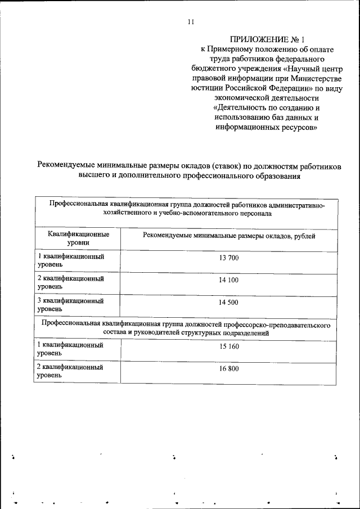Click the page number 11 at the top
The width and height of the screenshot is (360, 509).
click(x=191, y=22)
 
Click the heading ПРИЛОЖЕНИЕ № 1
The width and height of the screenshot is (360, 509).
click(x=267, y=39)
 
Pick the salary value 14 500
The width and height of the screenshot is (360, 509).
click(x=229, y=303)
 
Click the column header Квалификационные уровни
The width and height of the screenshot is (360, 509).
click(x=78, y=237)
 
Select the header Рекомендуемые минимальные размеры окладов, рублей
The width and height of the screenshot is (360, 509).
click(x=229, y=236)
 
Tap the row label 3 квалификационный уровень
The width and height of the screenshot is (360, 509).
click(x=70, y=305)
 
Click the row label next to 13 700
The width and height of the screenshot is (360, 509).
click(x=70, y=260)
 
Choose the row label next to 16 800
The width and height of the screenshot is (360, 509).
click(x=70, y=371)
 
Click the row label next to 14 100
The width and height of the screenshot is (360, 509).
click(x=70, y=282)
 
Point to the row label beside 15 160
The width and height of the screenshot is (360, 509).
click(x=70, y=349)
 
